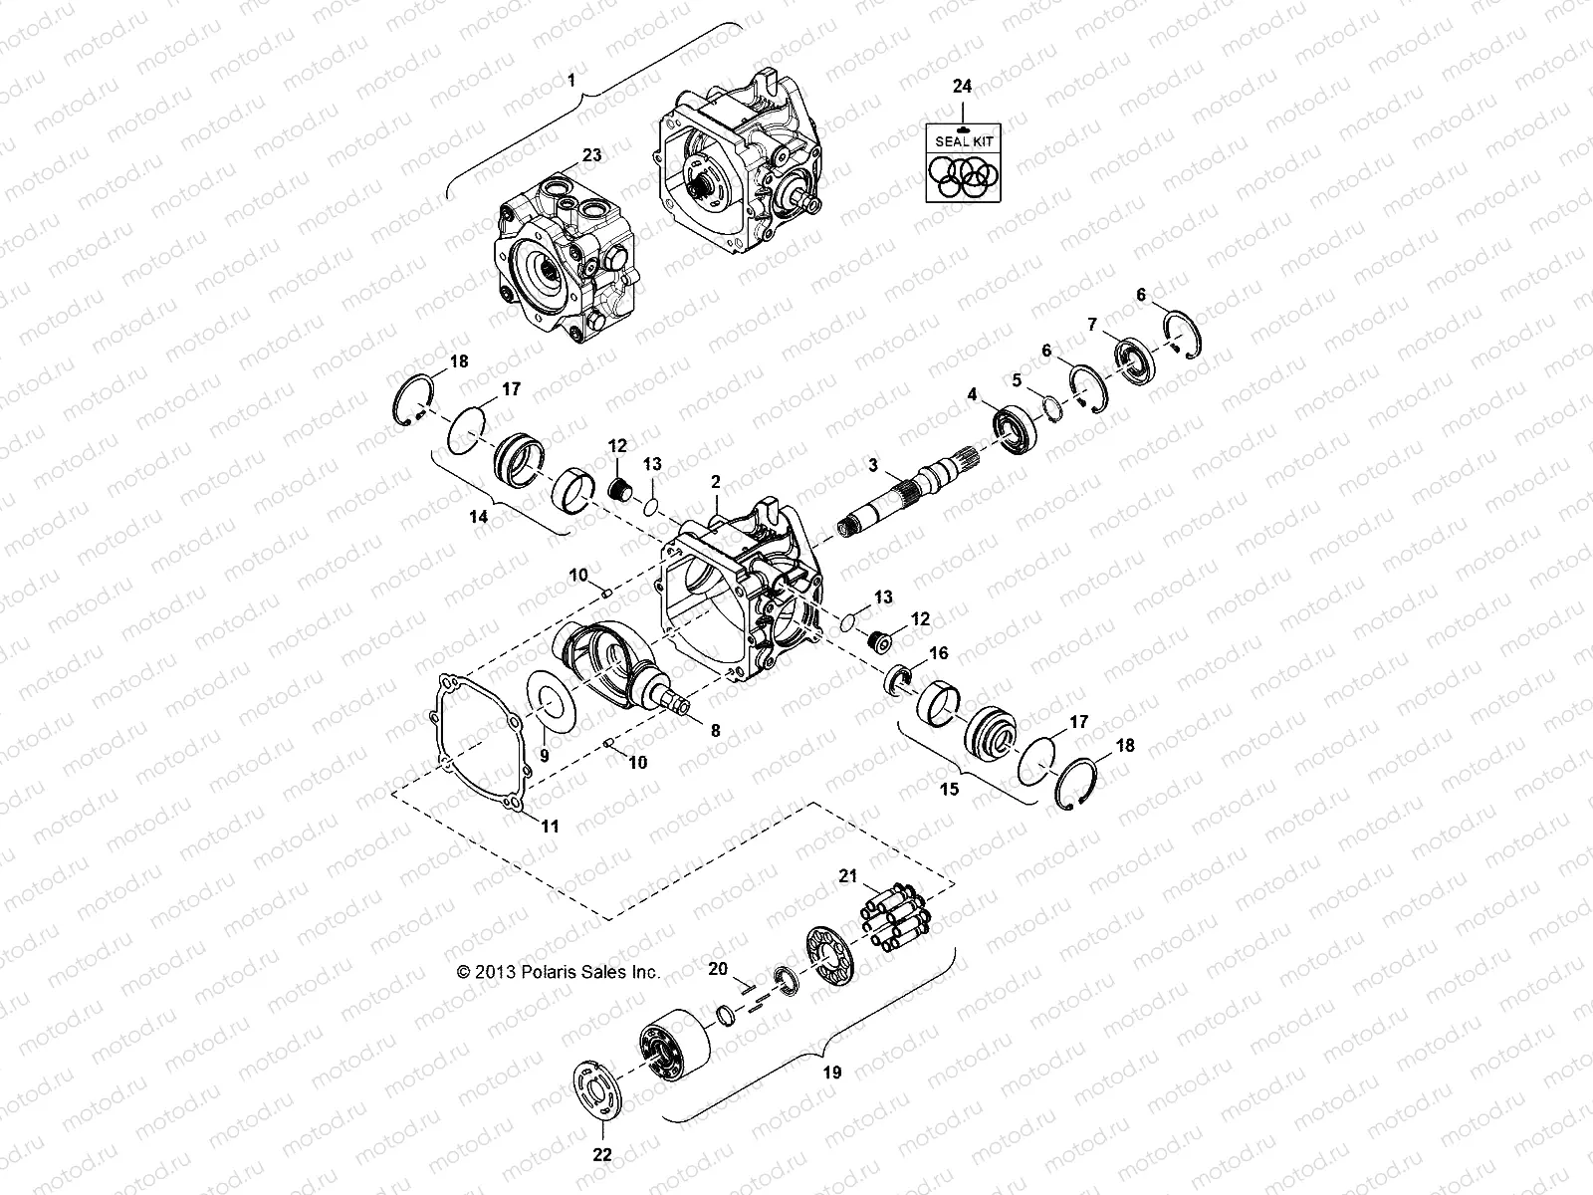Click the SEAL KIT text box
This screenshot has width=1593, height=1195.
click(x=962, y=142)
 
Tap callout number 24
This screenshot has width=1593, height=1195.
click(x=962, y=88)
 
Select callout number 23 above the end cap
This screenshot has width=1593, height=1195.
click(x=591, y=155)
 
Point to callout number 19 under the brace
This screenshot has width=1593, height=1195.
click(x=832, y=1072)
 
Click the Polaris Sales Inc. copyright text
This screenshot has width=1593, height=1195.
click(x=558, y=973)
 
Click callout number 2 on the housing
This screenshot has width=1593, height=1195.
click(x=715, y=482)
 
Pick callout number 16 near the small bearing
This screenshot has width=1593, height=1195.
click(x=938, y=653)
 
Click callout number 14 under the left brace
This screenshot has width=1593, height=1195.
click(x=479, y=517)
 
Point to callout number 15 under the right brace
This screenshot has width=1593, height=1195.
click(x=950, y=789)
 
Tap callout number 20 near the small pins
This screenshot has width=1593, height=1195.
click(x=718, y=968)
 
